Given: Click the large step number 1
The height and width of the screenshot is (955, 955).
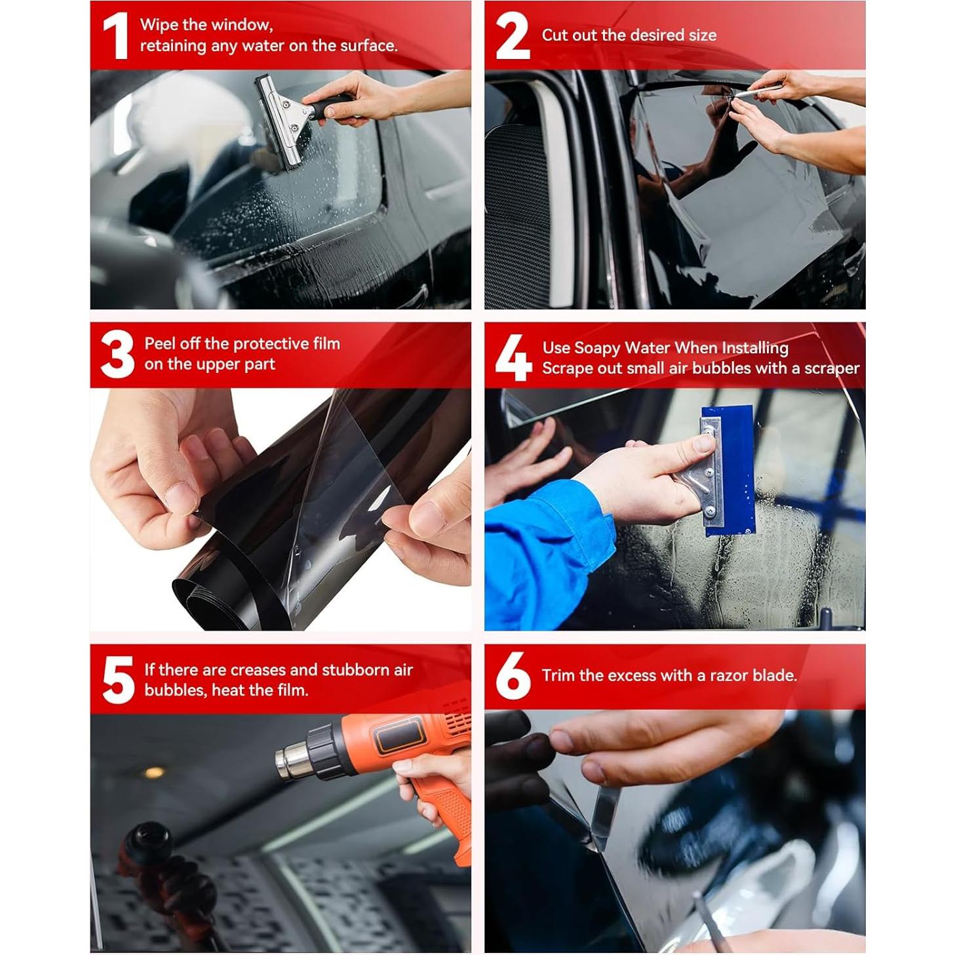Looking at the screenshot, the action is (115, 36).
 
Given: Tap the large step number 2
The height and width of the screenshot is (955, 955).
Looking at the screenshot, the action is (513, 36).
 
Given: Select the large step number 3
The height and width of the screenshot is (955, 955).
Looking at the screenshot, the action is (117, 354).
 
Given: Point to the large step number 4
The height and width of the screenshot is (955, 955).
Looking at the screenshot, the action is (513, 357).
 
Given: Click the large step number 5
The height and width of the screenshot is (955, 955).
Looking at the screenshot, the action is (118, 680).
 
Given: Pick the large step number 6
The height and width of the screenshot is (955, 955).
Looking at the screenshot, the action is (513, 676).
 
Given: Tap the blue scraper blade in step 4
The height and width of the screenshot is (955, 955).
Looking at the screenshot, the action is (733, 470).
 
